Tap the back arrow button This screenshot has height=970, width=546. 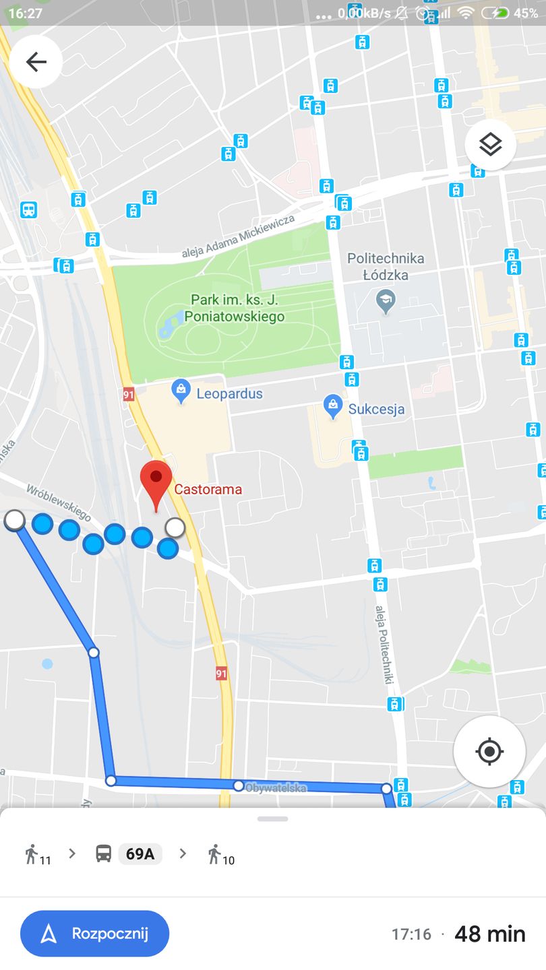(36, 62)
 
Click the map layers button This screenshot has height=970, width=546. (490, 144)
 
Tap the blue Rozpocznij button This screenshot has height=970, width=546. (95, 934)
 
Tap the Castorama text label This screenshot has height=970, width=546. (208, 490)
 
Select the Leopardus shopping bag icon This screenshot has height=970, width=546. (181, 391)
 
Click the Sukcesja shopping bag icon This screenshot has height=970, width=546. (332, 406)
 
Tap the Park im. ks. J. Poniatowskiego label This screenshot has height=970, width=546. (237, 308)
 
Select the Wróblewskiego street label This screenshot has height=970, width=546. (58, 502)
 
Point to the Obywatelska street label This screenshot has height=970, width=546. (276, 787)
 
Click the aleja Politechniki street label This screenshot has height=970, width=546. (383, 644)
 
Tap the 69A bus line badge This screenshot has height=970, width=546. (140, 854)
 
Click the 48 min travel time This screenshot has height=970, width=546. (490, 934)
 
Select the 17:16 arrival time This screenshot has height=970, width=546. (411, 934)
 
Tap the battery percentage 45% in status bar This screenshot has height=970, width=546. (526, 13)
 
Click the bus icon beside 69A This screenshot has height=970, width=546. (103, 854)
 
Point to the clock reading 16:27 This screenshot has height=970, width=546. (25, 13)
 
